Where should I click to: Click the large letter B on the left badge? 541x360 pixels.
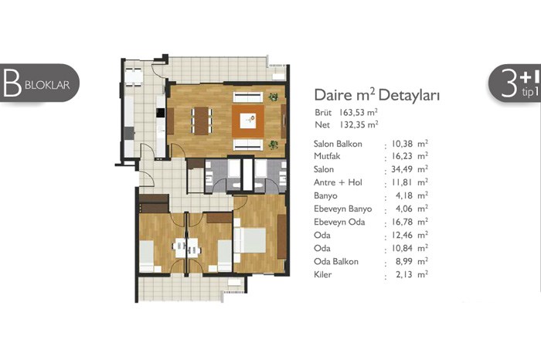point(12,83)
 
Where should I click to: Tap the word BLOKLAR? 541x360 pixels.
point(47,85)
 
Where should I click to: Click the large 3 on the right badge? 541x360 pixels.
point(509,83)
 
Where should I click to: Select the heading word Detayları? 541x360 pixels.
point(409,95)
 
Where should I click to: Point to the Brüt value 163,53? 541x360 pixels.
point(352,113)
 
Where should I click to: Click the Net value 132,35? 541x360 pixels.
point(352,124)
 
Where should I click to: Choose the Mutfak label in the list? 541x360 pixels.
point(327,156)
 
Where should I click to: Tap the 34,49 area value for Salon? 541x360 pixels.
point(403,169)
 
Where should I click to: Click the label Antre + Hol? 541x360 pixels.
point(339,182)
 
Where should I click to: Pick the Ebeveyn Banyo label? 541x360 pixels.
point(343,209)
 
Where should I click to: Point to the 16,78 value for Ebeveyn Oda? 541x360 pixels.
point(403,222)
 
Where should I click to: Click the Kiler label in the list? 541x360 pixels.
point(322,274)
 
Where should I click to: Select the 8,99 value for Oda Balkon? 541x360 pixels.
point(404,261)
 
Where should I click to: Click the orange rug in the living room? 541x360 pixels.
point(248,121)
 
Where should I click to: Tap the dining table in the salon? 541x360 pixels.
point(202,121)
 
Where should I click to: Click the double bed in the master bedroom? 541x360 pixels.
point(250,240)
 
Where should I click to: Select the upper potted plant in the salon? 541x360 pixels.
point(274,97)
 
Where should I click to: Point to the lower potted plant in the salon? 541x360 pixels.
point(274,144)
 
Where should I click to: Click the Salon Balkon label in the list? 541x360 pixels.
point(339,144)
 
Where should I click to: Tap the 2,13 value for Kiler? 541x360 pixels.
point(404,274)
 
